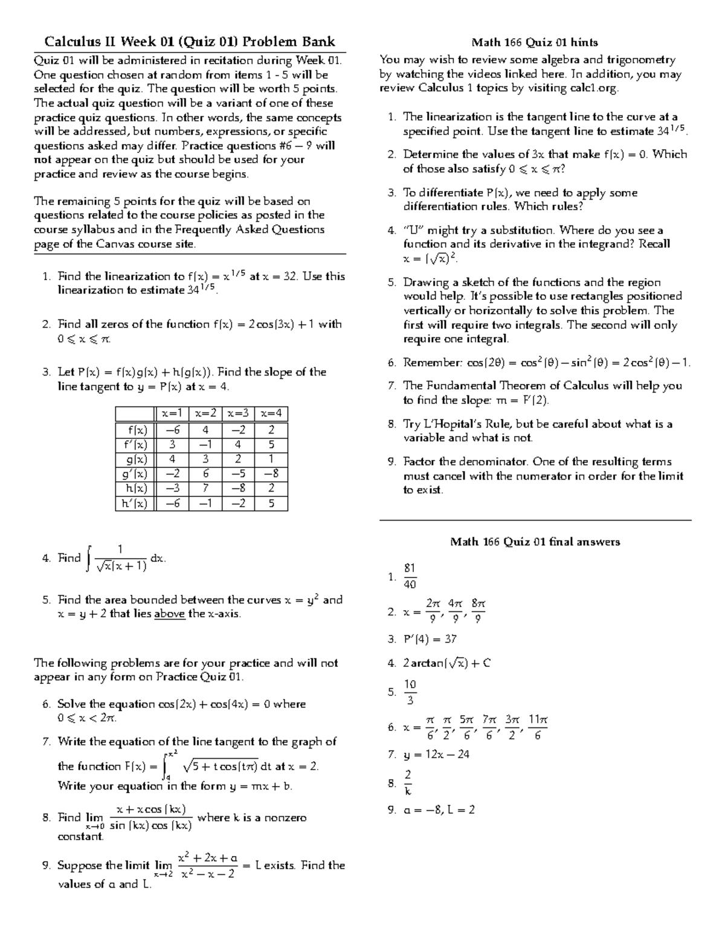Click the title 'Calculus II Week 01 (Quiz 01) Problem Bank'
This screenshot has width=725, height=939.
pyautogui.click(x=189, y=42)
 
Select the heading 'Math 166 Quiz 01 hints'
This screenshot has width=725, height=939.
pyautogui.click(x=535, y=42)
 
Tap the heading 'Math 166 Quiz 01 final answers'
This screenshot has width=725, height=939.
pyautogui.click(x=535, y=542)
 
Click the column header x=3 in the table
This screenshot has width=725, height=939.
pyautogui.click(x=237, y=414)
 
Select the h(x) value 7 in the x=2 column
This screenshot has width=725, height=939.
pyautogui.click(x=205, y=488)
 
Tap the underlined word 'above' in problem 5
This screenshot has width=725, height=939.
pyautogui.click(x=170, y=614)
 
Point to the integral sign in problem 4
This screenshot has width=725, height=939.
pyautogui.click(x=89, y=558)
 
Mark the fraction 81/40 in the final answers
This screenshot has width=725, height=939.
pyautogui.click(x=410, y=576)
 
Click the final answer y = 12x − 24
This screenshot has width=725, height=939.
pyautogui.click(x=436, y=754)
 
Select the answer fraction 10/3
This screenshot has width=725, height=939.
pyautogui.click(x=410, y=692)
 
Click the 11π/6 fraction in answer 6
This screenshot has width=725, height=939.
pyautogui.click(x=537, y=727)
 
